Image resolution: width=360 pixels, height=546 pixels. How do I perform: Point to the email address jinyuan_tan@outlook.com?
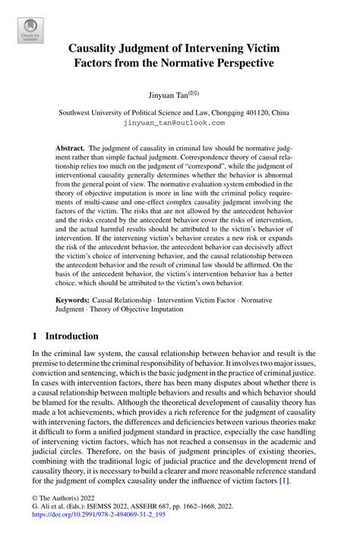pos(180,122)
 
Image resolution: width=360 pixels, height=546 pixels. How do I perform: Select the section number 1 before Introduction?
pos(35,336)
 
